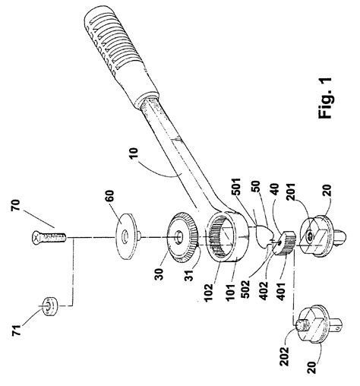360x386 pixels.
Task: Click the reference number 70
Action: (15, 205)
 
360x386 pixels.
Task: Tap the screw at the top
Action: (49, 237)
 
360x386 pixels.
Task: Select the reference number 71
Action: (17, 329)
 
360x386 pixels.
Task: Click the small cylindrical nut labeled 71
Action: (49, 306)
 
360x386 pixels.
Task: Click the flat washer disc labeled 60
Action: (127, 236)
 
